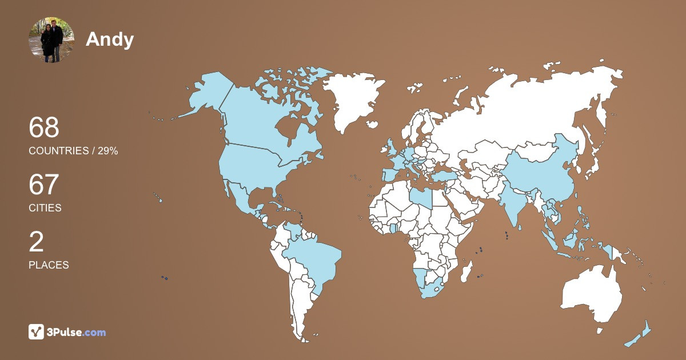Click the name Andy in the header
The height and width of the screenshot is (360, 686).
(110, 39)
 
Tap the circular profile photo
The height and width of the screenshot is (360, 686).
(51, 39)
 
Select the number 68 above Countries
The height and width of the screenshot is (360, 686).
(44, 127)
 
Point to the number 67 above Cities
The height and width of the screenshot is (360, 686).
(44, 185)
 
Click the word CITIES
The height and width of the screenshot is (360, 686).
(45, 208)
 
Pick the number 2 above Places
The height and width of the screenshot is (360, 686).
(36, 242)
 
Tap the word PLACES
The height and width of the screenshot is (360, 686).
(49, 265)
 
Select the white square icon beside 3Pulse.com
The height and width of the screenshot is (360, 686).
(36, 331)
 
